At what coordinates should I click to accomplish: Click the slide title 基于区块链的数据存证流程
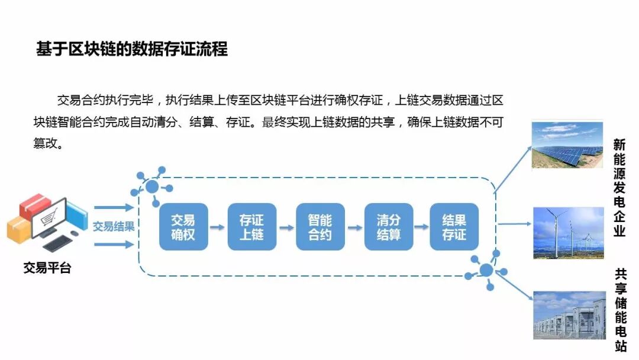[x=132, y=49]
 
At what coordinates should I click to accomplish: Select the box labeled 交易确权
[x=183, y=227]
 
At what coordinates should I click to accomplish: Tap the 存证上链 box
[x=251, y=227]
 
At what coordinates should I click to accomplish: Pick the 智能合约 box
[x=320, y=227]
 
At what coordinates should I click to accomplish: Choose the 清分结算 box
[x=388, y=227]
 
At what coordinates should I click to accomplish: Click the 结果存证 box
[x=454, y=227]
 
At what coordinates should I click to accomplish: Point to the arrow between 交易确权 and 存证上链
[x=217, y=227]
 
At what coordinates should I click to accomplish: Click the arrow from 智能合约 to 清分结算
[x=354, y=227]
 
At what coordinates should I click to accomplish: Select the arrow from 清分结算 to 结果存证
[x=421, y=227]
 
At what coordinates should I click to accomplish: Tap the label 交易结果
[x=114, y=226]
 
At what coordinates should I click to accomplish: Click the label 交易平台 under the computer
[x=47, y=268]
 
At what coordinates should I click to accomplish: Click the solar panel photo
[x=567, y=144]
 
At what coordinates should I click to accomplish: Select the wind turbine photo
[x=569, y=233]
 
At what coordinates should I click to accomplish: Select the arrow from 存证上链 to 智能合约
[x=286, y=227]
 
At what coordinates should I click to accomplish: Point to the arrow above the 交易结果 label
[x=114, y=208]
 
